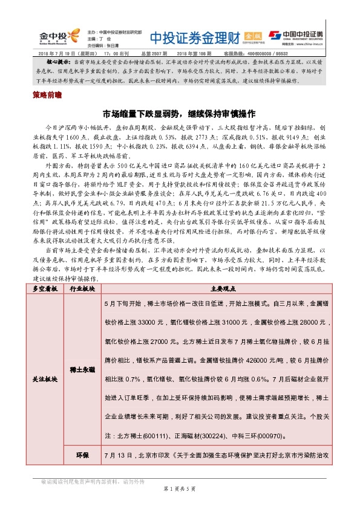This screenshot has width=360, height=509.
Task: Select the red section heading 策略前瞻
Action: tap(44, 95)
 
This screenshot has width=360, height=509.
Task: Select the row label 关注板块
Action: tap(45, 379)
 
